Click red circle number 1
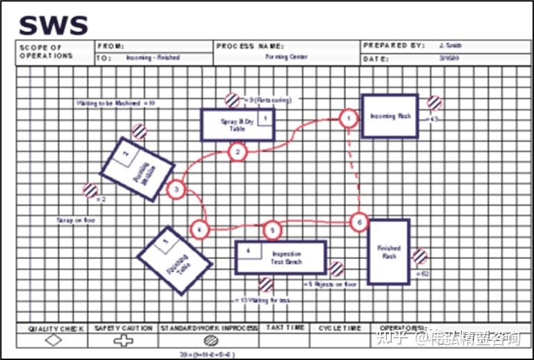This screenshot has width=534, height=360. (348, 119)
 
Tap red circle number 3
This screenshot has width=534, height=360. (177, 189)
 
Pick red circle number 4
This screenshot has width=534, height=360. (200, 228)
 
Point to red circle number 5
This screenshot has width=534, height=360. (273, 229)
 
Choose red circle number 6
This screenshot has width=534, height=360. (359, 222)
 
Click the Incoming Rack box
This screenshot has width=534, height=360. (389, 116)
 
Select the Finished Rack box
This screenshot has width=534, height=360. (388, 251)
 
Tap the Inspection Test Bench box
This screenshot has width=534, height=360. (281, 257)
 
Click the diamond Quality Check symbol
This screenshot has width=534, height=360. (53, 340)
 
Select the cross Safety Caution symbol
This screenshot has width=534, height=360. (123, 340)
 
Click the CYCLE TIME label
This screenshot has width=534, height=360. (340, 327)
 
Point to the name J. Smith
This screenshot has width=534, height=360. (450, 45)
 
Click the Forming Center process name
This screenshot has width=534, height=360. (287, 56)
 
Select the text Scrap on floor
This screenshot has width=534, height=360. (75, 220)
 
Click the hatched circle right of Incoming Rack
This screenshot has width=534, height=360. (434, 102)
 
